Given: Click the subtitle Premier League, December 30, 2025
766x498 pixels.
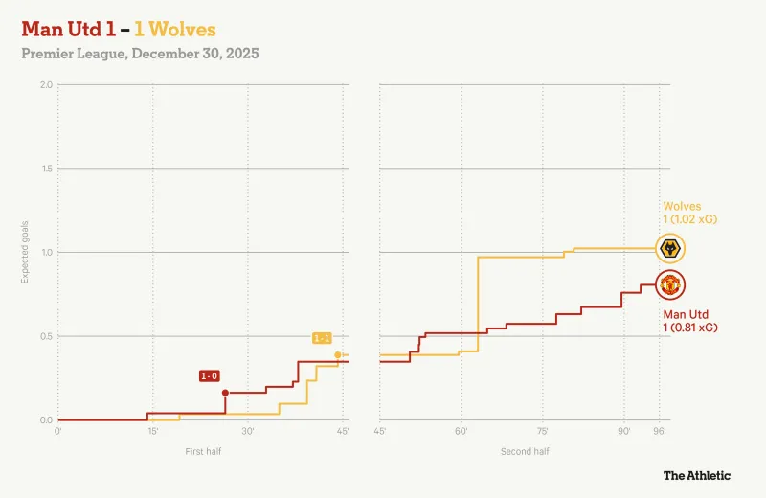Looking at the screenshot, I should pos(140,54).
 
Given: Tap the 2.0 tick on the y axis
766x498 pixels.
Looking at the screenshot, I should pos(46,85).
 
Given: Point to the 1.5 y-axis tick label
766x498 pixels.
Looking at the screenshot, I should pos(46,169).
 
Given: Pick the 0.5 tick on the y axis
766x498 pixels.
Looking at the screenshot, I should pos(46,336).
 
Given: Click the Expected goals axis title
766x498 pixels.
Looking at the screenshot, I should pos(26,253).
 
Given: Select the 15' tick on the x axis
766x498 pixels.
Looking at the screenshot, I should pos(153,432).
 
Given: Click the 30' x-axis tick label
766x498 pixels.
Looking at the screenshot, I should pos(248,432).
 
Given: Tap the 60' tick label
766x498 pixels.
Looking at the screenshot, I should pos(461,432).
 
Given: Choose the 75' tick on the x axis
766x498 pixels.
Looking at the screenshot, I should pos(542,432).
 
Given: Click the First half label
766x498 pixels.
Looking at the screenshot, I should pos(203,450).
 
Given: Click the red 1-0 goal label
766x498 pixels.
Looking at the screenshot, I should pos(209,376).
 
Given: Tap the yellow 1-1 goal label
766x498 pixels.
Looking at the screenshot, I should pos(323,338).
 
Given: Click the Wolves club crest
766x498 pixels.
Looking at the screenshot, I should pos(671,249).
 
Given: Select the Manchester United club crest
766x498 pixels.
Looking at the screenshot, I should pos(671,284).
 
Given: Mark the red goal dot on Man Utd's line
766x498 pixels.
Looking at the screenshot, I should pos(225,393).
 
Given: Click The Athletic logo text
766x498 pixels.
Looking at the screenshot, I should pos(697,475).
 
